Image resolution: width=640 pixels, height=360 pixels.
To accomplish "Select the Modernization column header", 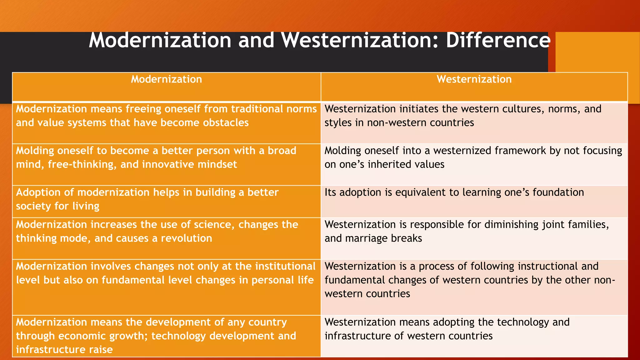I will point(166,79).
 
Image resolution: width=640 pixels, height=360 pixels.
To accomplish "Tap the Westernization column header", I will point(474,79).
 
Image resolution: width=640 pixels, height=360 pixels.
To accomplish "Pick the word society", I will point(33,206).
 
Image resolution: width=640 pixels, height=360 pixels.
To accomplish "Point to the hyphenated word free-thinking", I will point(82,164).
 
